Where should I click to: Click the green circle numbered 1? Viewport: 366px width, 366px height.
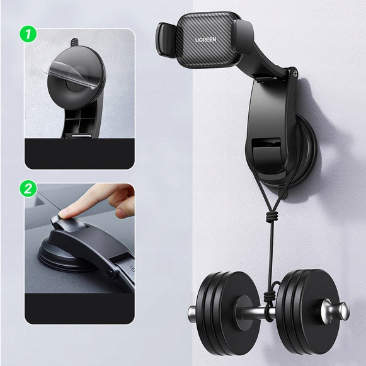28,34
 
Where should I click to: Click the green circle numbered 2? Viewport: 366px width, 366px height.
28,188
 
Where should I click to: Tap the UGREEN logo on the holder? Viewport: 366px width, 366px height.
205,40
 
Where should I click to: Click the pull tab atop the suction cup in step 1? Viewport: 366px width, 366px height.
74,42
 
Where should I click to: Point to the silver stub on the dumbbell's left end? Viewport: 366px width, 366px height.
192,314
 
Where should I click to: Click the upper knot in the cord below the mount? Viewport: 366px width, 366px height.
272,217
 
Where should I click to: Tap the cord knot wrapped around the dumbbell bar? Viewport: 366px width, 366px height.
268,301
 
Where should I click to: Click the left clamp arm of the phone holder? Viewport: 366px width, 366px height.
165,39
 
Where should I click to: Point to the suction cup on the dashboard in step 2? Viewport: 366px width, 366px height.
63,257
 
